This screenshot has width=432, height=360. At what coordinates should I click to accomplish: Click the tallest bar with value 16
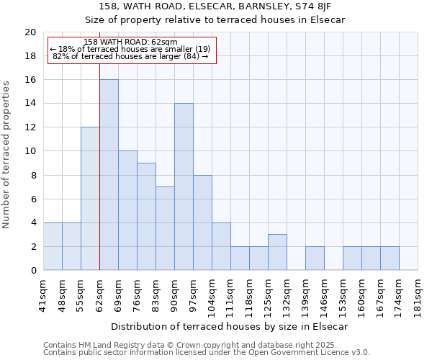coord(109,175)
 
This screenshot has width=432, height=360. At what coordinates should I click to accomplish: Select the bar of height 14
coord(184,186)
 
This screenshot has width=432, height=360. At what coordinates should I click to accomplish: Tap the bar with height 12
coord(90,199)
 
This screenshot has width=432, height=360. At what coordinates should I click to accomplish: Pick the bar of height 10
coord(127,210)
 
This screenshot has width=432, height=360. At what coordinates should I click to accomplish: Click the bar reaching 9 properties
coord(146,217)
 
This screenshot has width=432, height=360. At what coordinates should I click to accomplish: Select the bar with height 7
coord(165,228)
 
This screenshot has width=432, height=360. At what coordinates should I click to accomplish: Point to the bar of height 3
coord(277,252)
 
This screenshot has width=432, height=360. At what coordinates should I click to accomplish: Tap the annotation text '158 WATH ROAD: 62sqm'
coord(130,42)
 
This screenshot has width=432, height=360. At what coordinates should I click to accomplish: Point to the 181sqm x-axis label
coord(418,294)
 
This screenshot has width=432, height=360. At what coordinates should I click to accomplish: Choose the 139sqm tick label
coord(306,294)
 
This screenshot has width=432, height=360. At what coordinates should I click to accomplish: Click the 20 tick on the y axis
coord(30,32)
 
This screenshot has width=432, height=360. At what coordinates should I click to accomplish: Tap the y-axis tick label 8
coord(33,175)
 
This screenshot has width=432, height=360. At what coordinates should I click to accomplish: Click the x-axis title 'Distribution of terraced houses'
coord(230,326)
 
